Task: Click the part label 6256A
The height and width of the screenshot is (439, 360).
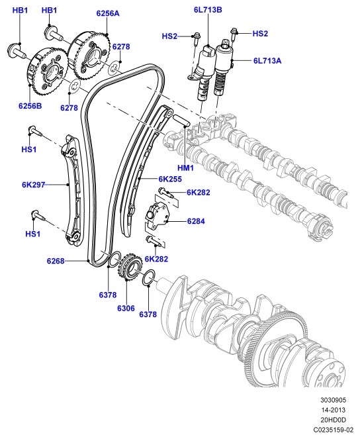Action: pyautogui.click(x=108, y=13)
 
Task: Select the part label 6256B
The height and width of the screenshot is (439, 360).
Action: pyautogui.click(x=30, y=106)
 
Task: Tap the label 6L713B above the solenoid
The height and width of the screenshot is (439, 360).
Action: pyautogui.click(x=208, y=10)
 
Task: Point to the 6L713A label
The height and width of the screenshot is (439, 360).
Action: pyautogui.click(x=267, y=61)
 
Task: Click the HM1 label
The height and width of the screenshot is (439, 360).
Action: pyautogui.click(x=185, y=168)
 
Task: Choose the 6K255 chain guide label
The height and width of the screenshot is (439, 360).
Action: pyautogui.click(x=170, y=179)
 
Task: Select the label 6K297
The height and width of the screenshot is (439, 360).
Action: pyautogui.click(x=34, y=185)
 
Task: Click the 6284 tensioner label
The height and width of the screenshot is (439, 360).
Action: pyautogui.click(x=196, y=221)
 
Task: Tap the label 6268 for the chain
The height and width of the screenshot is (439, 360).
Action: pyautogui.click(x=56, y=261)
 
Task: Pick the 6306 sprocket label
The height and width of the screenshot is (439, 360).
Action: pyautogui.click(x=126, y=309)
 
